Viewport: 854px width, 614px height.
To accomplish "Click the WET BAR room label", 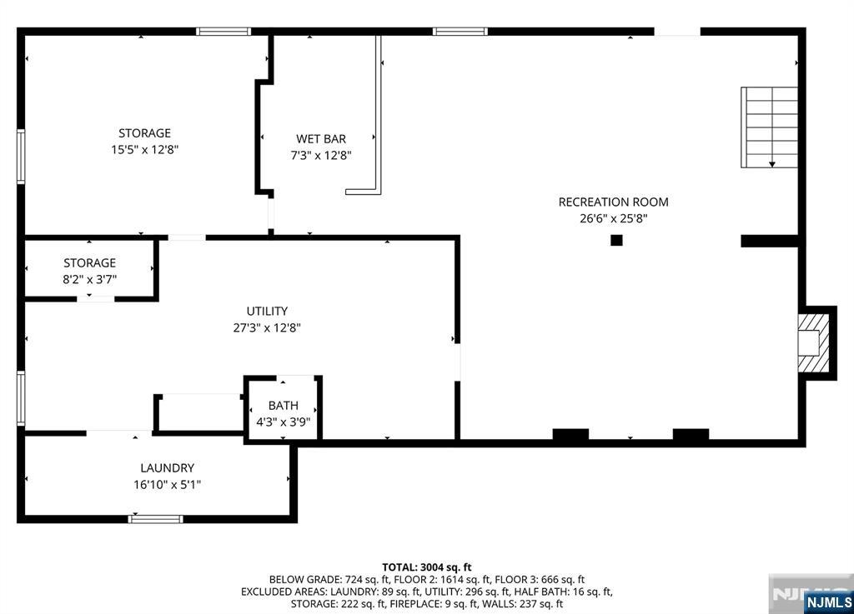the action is point(321,138).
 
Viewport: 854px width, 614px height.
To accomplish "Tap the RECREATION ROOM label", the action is point(613,202).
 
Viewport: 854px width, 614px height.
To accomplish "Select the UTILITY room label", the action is point(267,311).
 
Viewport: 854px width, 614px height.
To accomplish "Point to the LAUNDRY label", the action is point(167,467).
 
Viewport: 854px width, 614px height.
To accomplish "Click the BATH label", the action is point(284,405).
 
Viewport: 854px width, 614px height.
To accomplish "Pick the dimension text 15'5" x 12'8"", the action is point(145,150).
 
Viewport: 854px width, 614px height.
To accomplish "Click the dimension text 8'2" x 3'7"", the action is point(90,280).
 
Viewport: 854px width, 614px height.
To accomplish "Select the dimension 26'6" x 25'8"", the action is point(613,218).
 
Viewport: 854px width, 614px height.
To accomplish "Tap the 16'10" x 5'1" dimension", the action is point(167,485).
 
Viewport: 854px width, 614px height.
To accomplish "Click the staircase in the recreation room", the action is point(770,127).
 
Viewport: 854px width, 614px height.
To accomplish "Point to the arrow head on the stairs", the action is point(772,163).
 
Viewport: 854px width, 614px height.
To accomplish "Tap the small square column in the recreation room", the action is point(616,240).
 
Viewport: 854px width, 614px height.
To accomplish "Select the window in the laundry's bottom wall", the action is point(156,519).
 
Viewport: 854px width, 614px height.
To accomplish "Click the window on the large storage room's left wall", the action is point(21,157).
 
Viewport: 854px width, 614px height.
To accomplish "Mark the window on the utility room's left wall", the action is point(21,398).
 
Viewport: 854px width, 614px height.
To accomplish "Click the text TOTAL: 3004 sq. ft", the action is point(427,567).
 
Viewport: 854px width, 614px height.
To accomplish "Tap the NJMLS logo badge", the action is point(828,602).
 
